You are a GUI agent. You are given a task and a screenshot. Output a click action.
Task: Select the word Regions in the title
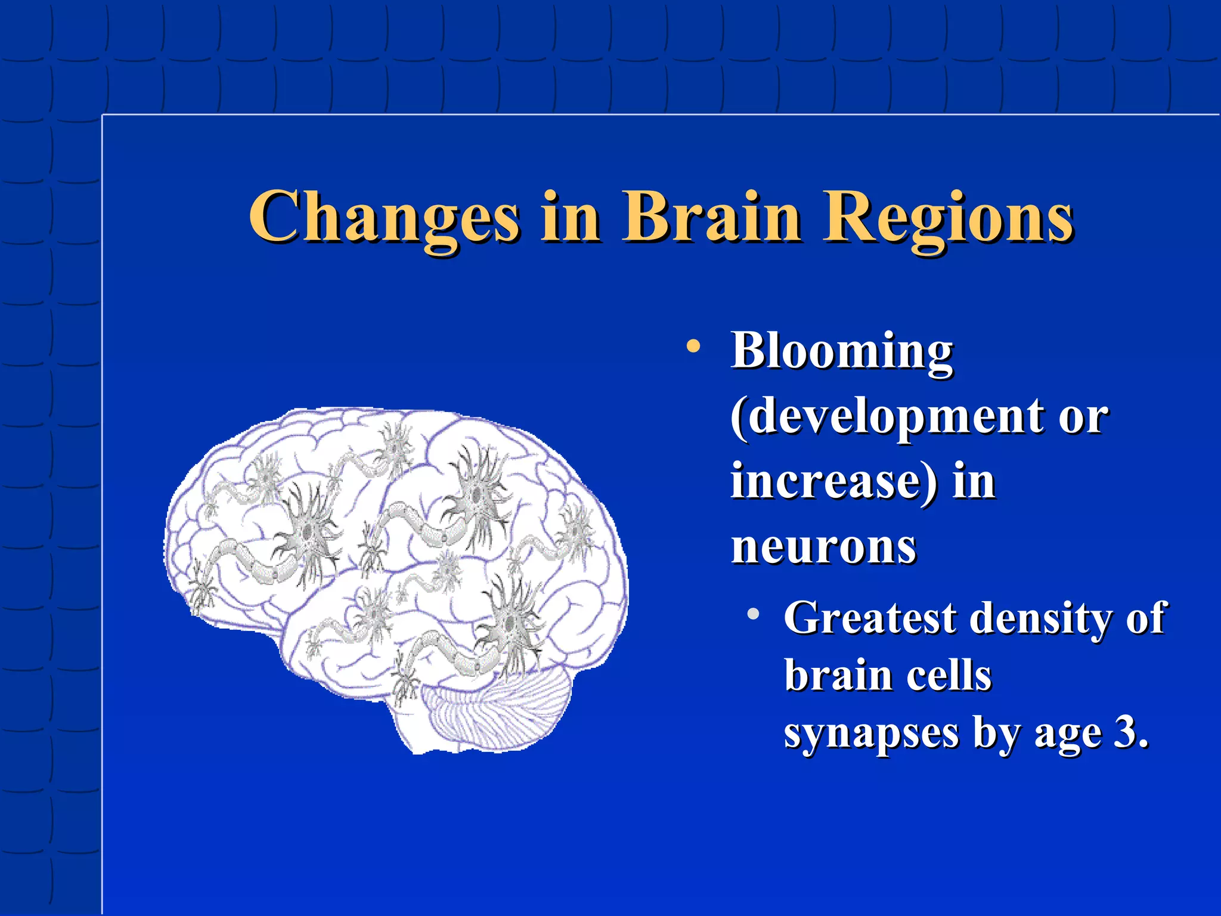click(949, 218)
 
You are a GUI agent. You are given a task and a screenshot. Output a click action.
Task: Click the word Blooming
click(842, 352)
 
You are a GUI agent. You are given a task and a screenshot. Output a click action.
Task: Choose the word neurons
click(823, 547)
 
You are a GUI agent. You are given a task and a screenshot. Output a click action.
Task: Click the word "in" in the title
click(569, 218)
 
